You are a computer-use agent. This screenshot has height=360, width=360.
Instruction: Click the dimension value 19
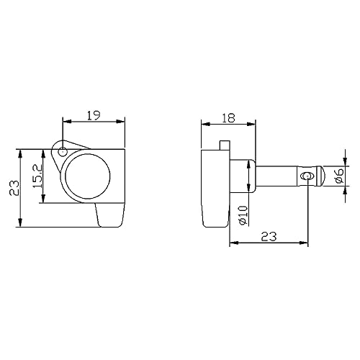point(93,115)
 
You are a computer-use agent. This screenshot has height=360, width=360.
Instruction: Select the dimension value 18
point(228,118)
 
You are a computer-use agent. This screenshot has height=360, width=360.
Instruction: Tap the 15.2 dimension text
point(37,176)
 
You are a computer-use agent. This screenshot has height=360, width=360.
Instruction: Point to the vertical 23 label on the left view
point(14,188)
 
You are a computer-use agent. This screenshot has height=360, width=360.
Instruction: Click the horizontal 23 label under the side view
point(269,236)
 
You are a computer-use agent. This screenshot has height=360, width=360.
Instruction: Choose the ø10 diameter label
point(243,215)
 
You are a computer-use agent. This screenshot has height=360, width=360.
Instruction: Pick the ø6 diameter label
point(340,176)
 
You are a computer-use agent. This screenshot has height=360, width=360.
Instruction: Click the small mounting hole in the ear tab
point(63,152)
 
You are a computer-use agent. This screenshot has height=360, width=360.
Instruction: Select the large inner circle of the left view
point(88,176)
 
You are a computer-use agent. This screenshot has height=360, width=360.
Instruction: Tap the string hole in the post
point(307,176)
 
